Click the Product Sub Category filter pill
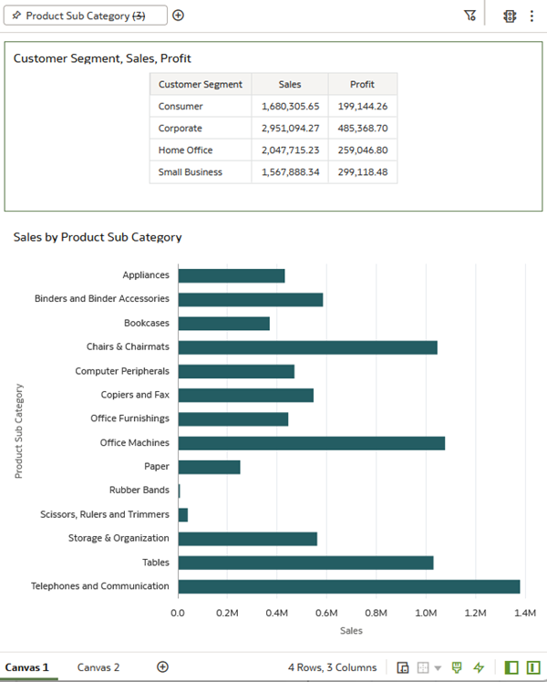coord(85,15)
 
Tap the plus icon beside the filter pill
coord(179,15)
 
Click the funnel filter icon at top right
coord(470,15)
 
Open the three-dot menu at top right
coord(532,16)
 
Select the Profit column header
coord(362,85)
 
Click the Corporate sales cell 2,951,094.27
coord(290,129)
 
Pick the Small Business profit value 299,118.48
coord(363,172)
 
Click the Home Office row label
coord(185,150)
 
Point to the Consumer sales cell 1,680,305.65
coord(290,107)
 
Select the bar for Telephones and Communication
coord(349,587)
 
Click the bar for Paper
coord(209,467)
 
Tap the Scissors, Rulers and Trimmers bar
coord(183,515)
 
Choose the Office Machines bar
coord(311,443)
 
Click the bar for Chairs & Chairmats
coord(308,347)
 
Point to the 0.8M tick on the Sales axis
coord(377,614)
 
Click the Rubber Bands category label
coord(139,491)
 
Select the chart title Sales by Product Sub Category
coord(98,237)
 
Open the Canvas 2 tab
coord(98,667)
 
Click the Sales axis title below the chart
coord(351,631)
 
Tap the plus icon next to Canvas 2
coord(162,666)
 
